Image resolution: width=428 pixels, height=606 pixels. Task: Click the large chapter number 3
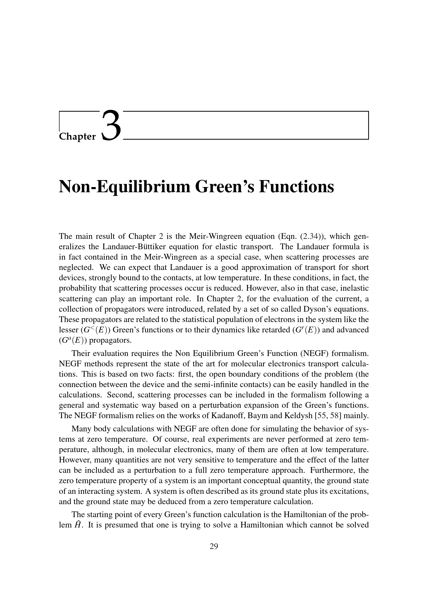click(111, 126)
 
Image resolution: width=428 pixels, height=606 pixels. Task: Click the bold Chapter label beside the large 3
click(77, 137)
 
